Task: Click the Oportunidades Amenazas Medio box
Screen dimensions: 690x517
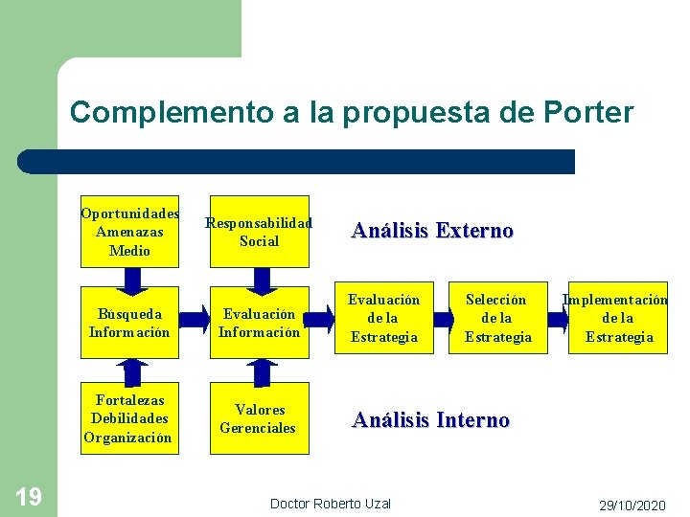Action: (130, 232)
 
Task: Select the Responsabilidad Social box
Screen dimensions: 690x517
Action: (260, 232)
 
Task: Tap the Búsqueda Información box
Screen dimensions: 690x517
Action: (130, 322)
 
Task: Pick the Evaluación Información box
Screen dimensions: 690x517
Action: (260, 322)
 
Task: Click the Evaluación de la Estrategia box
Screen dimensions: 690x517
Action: (384, 319)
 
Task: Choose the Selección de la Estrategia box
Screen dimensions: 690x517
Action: (498, 319)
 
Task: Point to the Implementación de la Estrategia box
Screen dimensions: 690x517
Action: (618, 319)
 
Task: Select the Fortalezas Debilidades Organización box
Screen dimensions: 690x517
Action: (130, 418)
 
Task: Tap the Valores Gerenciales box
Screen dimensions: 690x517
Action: (260, 418)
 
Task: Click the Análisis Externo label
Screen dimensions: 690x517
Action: (432, 231)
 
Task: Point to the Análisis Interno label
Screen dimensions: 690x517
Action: (430, 420)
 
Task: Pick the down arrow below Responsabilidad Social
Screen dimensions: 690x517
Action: (260, 278)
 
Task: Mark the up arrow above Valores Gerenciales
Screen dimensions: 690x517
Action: (260, 371)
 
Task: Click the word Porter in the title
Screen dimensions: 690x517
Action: (587, 113)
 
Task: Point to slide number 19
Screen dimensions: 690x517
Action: (29, 496)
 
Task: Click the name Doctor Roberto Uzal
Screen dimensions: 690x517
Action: (331, 504)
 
